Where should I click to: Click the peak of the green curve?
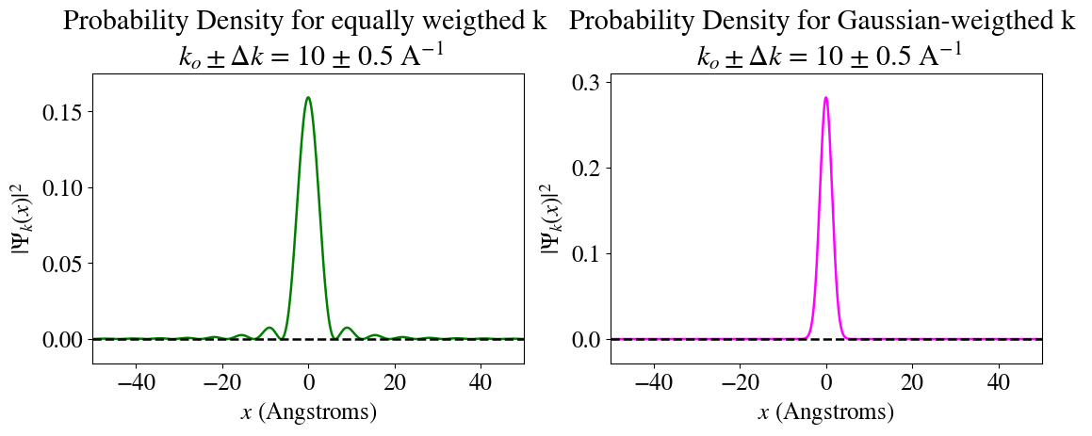[x=308, y=98]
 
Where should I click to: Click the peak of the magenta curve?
[x=826, y=98]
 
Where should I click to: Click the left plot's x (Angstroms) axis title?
[x=308, y=412]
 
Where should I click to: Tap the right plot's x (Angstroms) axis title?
[x=826, y=412]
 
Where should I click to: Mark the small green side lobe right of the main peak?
[x=348, y=329]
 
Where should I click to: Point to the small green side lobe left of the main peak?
[x=269, y=329]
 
